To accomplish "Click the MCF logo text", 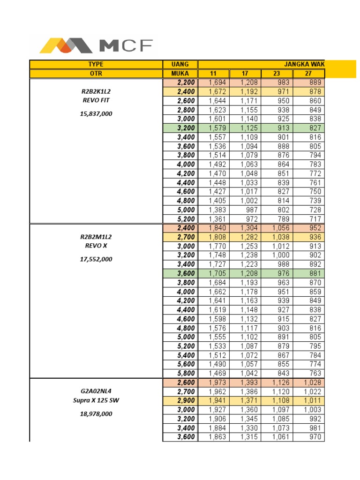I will [126, 45].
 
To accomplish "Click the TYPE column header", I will [96, 64].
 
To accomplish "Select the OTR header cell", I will [96, 74].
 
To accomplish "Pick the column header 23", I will [277, 74].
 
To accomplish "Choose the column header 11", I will [213, 74].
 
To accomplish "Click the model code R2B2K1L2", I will [96, 91].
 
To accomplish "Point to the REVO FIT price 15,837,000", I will [96, 113].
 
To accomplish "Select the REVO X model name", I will [96, 245].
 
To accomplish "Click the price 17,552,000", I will [96, 259].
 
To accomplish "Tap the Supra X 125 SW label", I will [96, 400].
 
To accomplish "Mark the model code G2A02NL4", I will [96, 391].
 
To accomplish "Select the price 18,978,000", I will [96, 414].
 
